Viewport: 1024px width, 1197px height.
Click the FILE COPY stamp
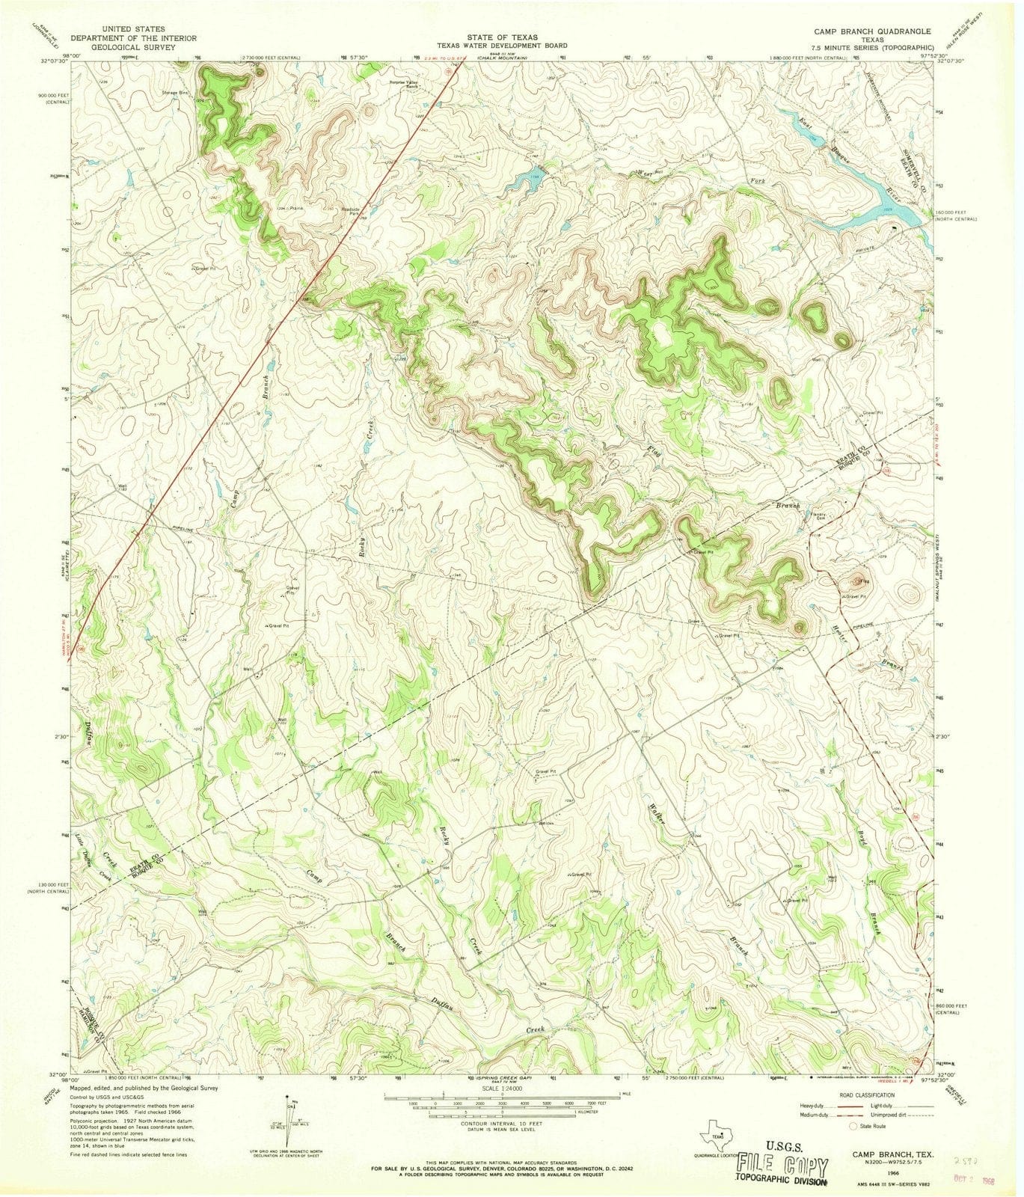point(782,1166)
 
